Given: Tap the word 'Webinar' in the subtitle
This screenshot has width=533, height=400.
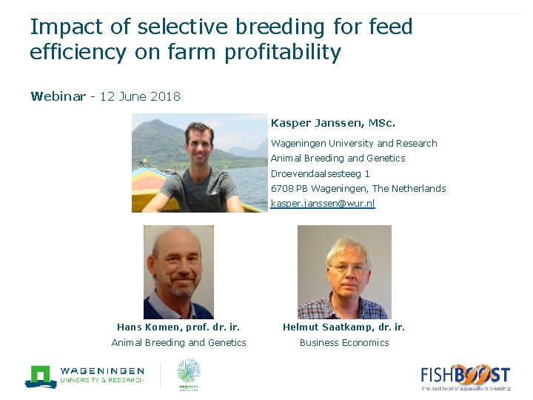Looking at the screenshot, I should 58,97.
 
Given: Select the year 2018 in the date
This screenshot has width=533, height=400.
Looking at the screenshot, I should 164,97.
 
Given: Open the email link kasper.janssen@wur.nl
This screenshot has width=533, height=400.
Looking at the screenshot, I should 323,203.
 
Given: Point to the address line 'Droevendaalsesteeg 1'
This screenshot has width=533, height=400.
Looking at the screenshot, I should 321,173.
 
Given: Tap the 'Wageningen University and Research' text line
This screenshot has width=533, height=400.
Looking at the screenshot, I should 354,143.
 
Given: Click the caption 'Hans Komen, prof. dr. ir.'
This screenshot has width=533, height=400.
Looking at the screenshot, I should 178,327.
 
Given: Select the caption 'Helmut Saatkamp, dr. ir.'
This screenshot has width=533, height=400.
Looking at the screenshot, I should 344,327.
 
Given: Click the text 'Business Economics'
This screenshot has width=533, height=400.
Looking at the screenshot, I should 344,342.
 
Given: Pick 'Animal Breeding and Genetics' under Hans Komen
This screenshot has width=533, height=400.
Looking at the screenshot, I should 178,342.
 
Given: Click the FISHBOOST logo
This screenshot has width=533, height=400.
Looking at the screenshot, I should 465,376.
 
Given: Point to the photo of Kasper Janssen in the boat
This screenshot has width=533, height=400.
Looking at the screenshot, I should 199,163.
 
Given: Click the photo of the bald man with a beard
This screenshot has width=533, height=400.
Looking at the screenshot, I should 178,272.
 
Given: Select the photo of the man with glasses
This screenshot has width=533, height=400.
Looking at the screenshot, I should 344,272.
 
